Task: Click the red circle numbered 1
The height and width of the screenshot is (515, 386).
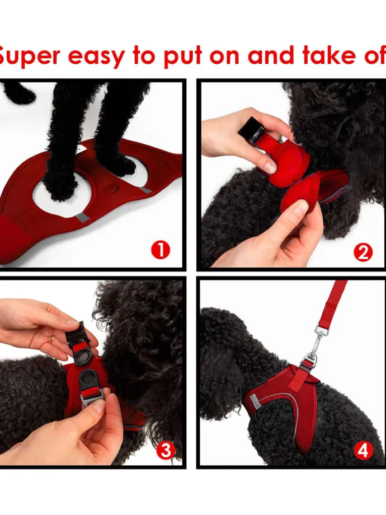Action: pyautogui.click(x=160, y=250)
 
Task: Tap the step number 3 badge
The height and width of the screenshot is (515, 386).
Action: pyautogui.click(x=165, y=450)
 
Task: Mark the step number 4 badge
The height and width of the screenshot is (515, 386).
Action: pyautogui.click(x=364, y=450)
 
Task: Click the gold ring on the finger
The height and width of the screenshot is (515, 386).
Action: pyautogui.click(x=52, y=339)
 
